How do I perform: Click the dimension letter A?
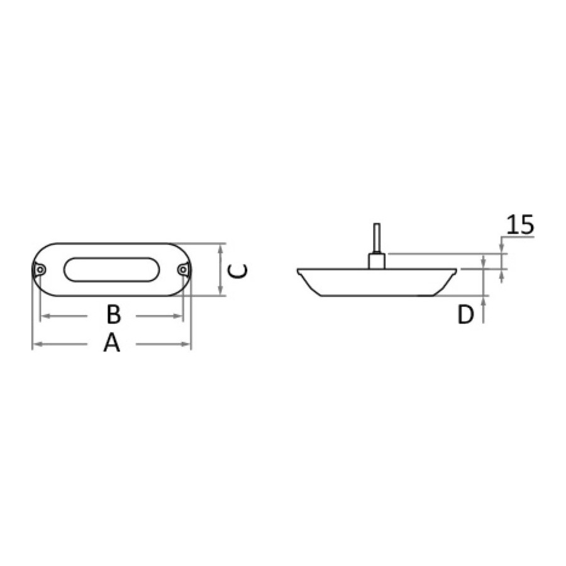(x=111, y=343)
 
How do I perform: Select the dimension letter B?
(x=113, y=314)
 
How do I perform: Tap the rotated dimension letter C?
(x=238, y=270)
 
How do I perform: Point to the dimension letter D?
(x=465, y=314)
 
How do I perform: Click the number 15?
(x=520, y=225)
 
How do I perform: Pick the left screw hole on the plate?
(x=40, y=270)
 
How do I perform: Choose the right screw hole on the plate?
(x=184, y=270)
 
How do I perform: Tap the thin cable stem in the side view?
(x=377, y=238)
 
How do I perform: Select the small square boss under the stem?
(x=377, y=262)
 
